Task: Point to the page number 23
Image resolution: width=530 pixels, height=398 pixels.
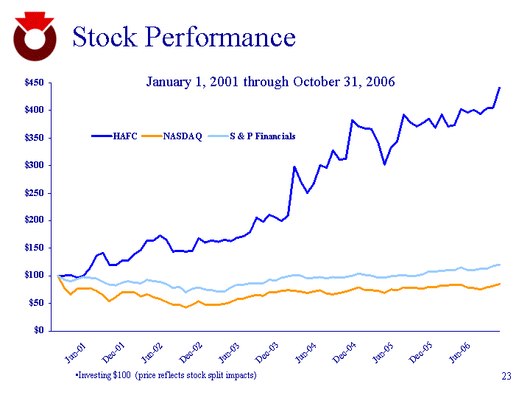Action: [506, 377]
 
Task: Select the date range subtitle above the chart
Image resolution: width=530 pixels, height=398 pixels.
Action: [270, 81]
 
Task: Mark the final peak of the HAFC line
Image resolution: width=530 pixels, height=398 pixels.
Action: [500, 88]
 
